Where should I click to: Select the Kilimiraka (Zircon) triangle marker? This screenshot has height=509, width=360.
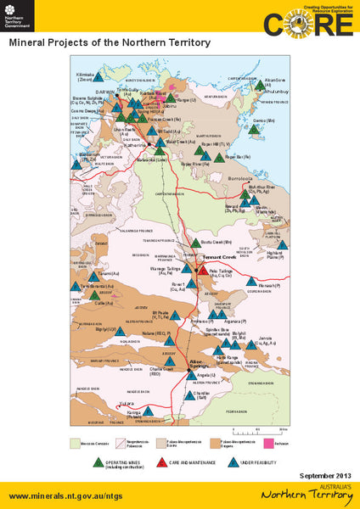(98, 76)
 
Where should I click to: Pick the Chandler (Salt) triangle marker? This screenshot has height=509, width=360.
(189, 394)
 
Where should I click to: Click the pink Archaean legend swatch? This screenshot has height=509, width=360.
(268, 442)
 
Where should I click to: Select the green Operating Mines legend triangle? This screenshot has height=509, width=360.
(101, 461)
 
